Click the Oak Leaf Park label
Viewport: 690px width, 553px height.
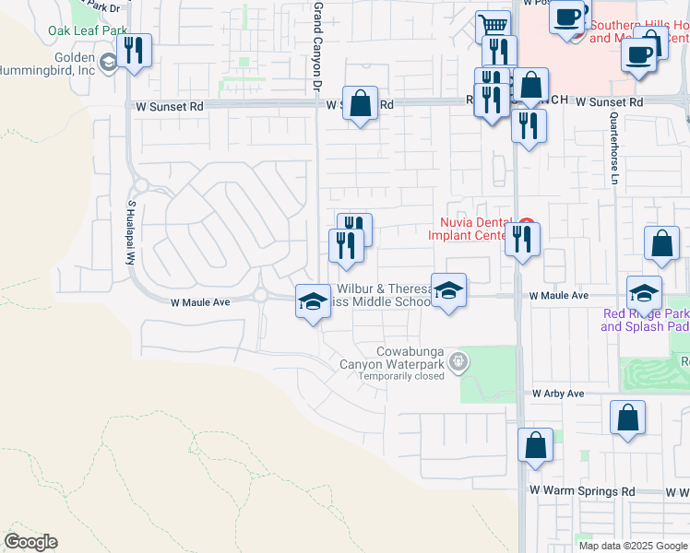pos(87,30)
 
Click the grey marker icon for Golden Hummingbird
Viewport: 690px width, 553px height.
pos(109,63)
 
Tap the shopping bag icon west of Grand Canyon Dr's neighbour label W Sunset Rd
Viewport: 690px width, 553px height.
pos(360,102)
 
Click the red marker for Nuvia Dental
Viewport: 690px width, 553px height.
pos(526,222)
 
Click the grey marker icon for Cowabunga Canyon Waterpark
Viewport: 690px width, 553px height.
pos(457,364)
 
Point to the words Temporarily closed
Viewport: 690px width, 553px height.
pos(401,376)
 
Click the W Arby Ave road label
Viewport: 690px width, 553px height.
pos(558,394)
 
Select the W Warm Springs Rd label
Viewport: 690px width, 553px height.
pos(582,491)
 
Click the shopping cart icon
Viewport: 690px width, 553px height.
pos(494,26)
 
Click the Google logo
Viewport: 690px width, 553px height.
pos(30,542)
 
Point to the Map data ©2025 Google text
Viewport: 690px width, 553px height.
pos(633,546)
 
